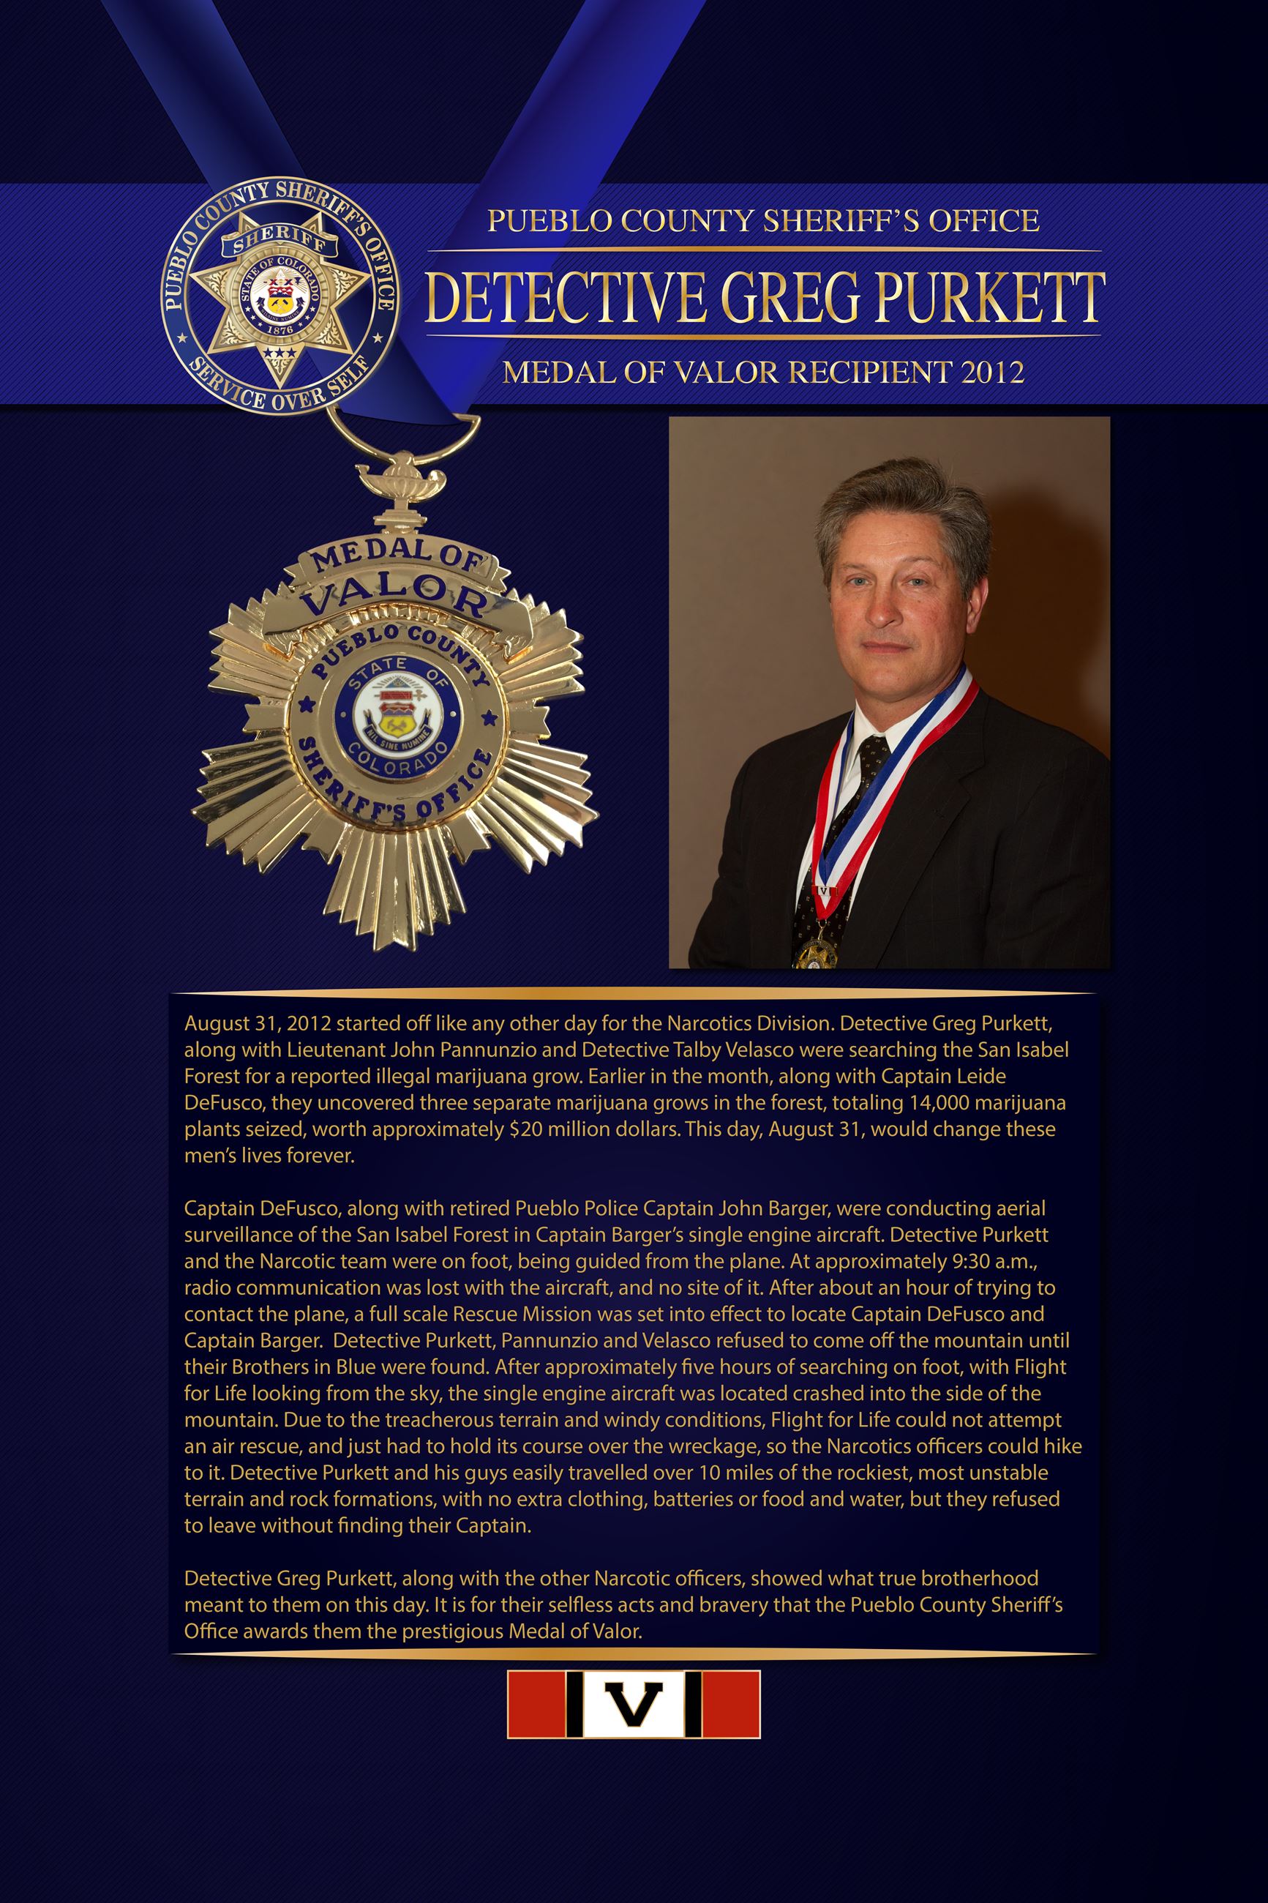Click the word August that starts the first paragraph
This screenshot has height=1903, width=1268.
[x=213, y=1023]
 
